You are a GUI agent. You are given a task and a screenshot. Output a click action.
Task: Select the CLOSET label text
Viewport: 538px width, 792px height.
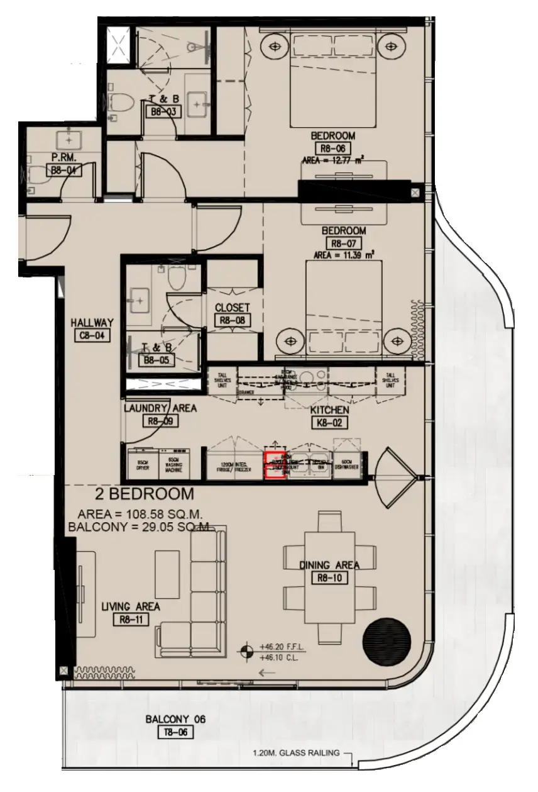coord(232,308)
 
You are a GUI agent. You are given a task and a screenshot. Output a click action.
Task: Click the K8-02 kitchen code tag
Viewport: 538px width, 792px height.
coord(329,423)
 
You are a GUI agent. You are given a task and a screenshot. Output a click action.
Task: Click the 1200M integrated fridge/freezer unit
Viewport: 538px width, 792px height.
coord(232,466)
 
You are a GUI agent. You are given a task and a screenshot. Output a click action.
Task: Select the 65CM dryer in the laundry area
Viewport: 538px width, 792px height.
coord(141,464)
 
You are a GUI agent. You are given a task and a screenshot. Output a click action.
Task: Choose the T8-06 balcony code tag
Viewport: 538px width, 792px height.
coord(175,732)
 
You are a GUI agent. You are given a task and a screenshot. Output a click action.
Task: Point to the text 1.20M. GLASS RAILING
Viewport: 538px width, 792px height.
coord(296,752)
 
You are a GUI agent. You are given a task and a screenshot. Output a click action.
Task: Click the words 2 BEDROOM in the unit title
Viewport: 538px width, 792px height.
coord(144,493)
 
